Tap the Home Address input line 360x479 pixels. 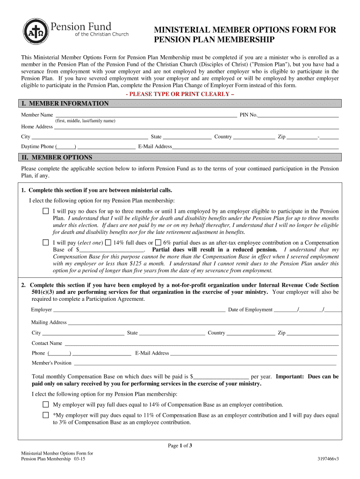196,126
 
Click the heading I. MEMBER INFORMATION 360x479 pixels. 65,103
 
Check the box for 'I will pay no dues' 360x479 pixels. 46,211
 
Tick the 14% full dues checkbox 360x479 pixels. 108,243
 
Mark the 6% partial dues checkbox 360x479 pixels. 158,243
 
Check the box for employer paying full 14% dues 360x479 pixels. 46,405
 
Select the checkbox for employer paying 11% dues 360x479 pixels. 46,415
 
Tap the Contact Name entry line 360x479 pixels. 201,343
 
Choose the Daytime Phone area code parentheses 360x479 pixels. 66,146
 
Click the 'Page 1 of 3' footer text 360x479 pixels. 180,446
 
